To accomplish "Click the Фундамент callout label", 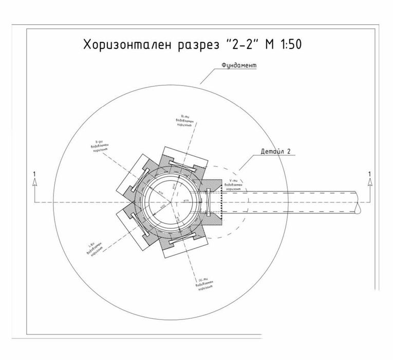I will tap(239, 66).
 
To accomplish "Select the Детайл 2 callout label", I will tap(275, 152).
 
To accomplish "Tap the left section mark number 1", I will tap(33, 173).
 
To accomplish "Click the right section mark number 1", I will tap(369, 173).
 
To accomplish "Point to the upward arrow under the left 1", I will tap(33, 182).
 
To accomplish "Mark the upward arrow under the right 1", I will tap(369, 182).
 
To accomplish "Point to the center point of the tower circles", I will tap(171, 202).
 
